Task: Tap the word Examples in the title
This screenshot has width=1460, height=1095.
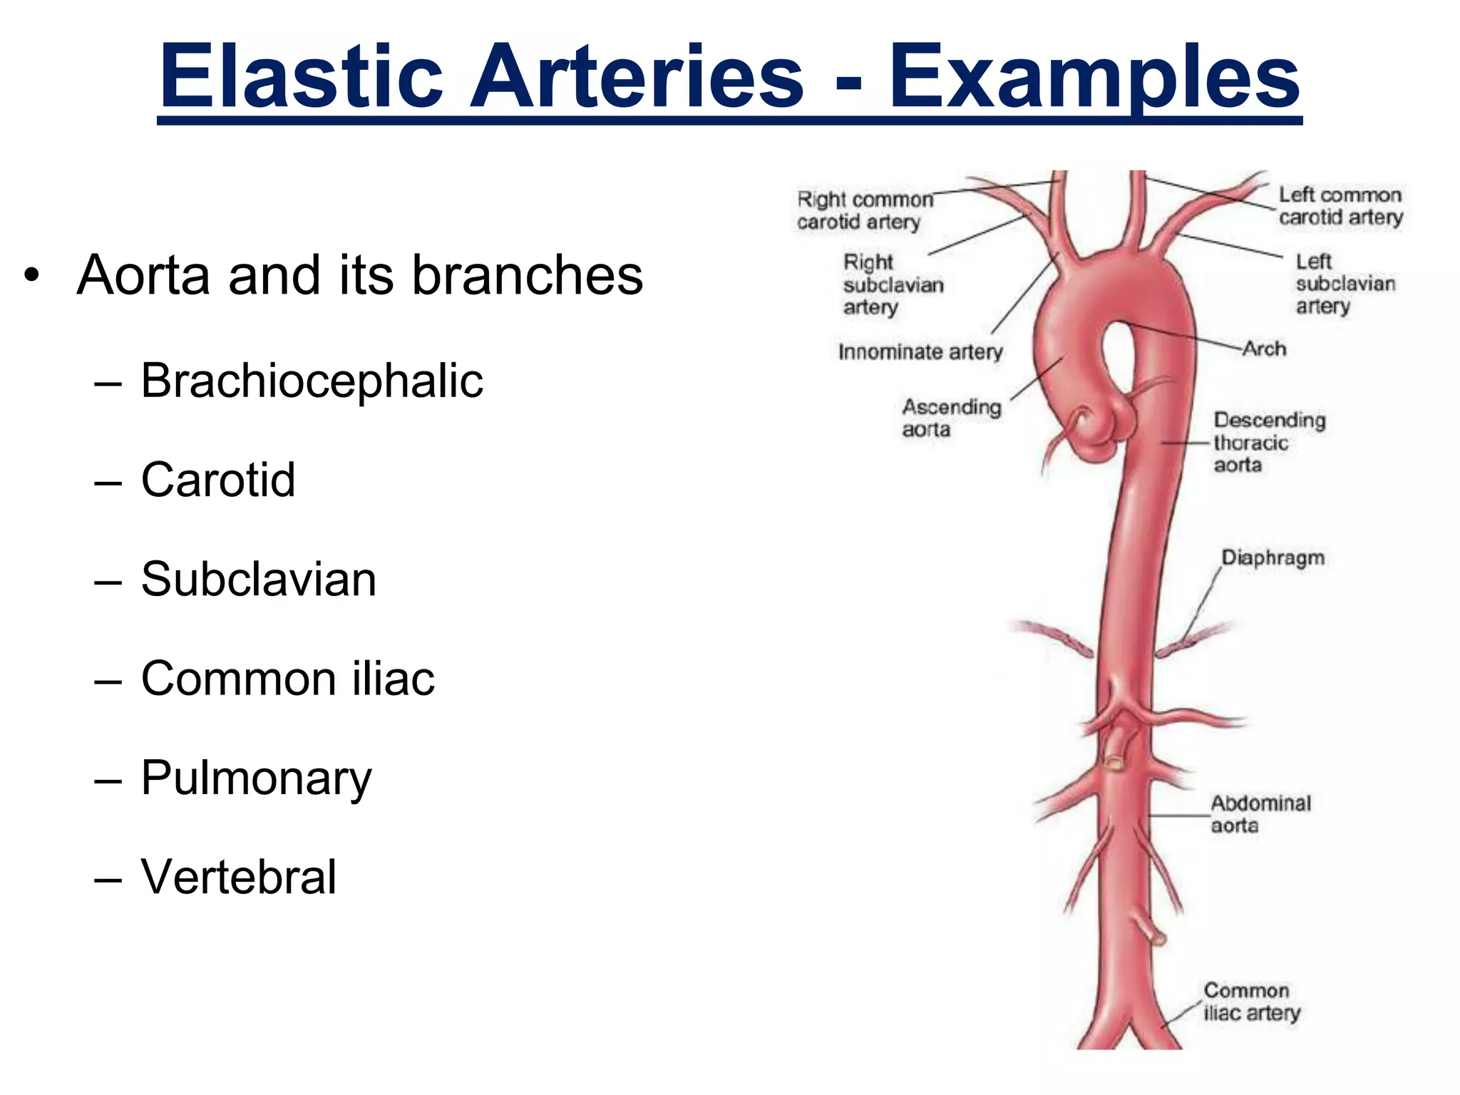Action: pyautogui.click(x=1094, y=76)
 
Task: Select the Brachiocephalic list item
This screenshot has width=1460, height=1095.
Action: pyautogui.click(x=312, y=381)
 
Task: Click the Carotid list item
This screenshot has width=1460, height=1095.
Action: pyautogui.click(x=217, y=480)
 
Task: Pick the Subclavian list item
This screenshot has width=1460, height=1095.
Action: pyautogui.click(x=258, y=579)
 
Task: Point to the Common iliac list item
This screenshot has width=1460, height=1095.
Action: pyautogui.click(x=287, y=678)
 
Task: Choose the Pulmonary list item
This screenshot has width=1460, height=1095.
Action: pyautogui.click(x=256, y=778)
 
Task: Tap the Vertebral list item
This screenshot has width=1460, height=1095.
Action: pyautogui.click(x=238, y=877)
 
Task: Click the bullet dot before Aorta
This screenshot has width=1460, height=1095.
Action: pyautogui.click(x=30, y=275)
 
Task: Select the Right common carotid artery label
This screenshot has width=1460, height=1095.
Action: pyautogui.click(x=863, y=210)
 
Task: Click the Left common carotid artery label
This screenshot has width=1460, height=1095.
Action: pyautogui.click(x=1340, y=206)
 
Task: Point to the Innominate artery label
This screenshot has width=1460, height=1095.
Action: pyautogui.click(x=920, y=351)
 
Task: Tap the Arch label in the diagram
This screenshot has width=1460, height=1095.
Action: pyautogui.click(x=1265, y=349)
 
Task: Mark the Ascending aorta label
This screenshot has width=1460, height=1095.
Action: pyautogui.click(x=951, y=418)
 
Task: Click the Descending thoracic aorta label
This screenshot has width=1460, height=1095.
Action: pyautogui.click(x=1269, y=442)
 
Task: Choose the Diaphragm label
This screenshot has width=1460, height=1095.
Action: pyautogui.click(x=1273, y=557)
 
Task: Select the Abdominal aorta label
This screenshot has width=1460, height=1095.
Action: pyautogui.click(x=1260, y=814)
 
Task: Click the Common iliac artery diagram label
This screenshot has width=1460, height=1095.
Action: pyautogui.click(x=1252, y=1002)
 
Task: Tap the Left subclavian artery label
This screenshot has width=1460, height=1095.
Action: pyautogui.click(x=1345, y=284)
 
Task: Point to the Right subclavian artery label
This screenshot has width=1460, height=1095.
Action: pyautogui.click(x=893, y=284)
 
